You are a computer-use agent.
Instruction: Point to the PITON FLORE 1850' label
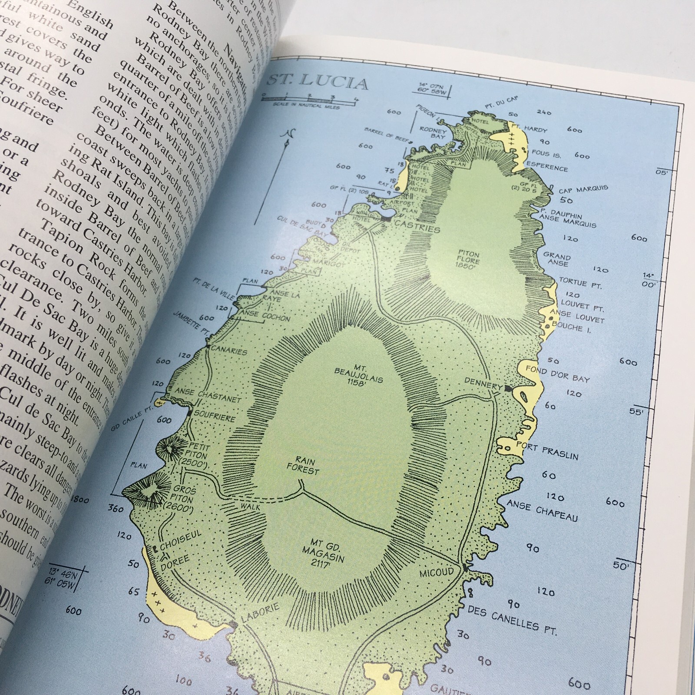pos(468,260)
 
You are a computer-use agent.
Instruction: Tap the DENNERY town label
pos(483,384)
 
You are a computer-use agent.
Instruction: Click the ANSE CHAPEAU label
pos(542,510)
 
